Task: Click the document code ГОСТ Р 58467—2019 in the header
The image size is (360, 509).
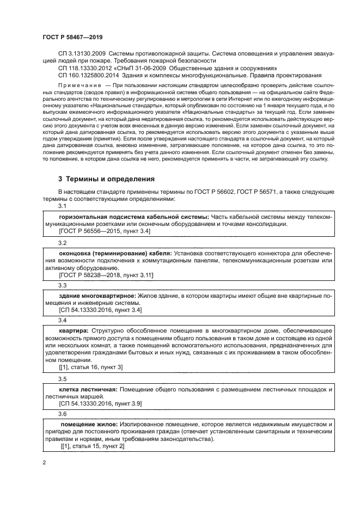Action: [72, 36]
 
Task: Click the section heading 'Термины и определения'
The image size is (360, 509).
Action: [107, 179]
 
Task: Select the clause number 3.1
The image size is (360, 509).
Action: [63, 207]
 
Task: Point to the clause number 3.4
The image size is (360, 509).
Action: [63, 320]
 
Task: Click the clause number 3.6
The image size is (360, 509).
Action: [63, 414]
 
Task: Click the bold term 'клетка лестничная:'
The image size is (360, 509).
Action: [87, 389]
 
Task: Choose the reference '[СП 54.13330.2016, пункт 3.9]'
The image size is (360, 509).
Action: [100, 404]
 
